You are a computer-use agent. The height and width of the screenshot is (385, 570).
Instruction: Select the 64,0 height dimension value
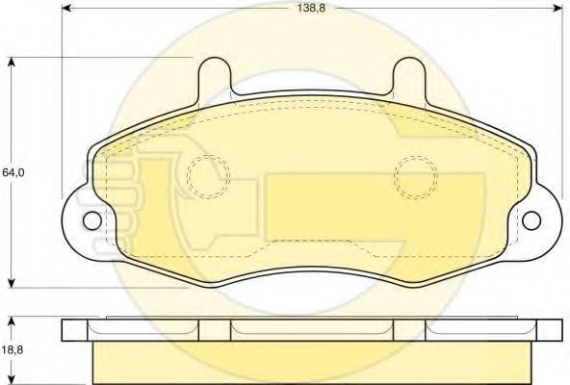tap(13, 173)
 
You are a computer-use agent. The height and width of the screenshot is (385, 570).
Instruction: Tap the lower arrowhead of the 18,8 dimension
tap(13, 378)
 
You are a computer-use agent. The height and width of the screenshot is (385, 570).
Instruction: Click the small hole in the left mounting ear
tap(91, 220)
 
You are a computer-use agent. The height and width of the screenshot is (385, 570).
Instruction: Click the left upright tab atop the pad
tap(215, 77)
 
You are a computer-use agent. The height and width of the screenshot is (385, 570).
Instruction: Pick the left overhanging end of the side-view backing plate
tap(77, 329)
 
